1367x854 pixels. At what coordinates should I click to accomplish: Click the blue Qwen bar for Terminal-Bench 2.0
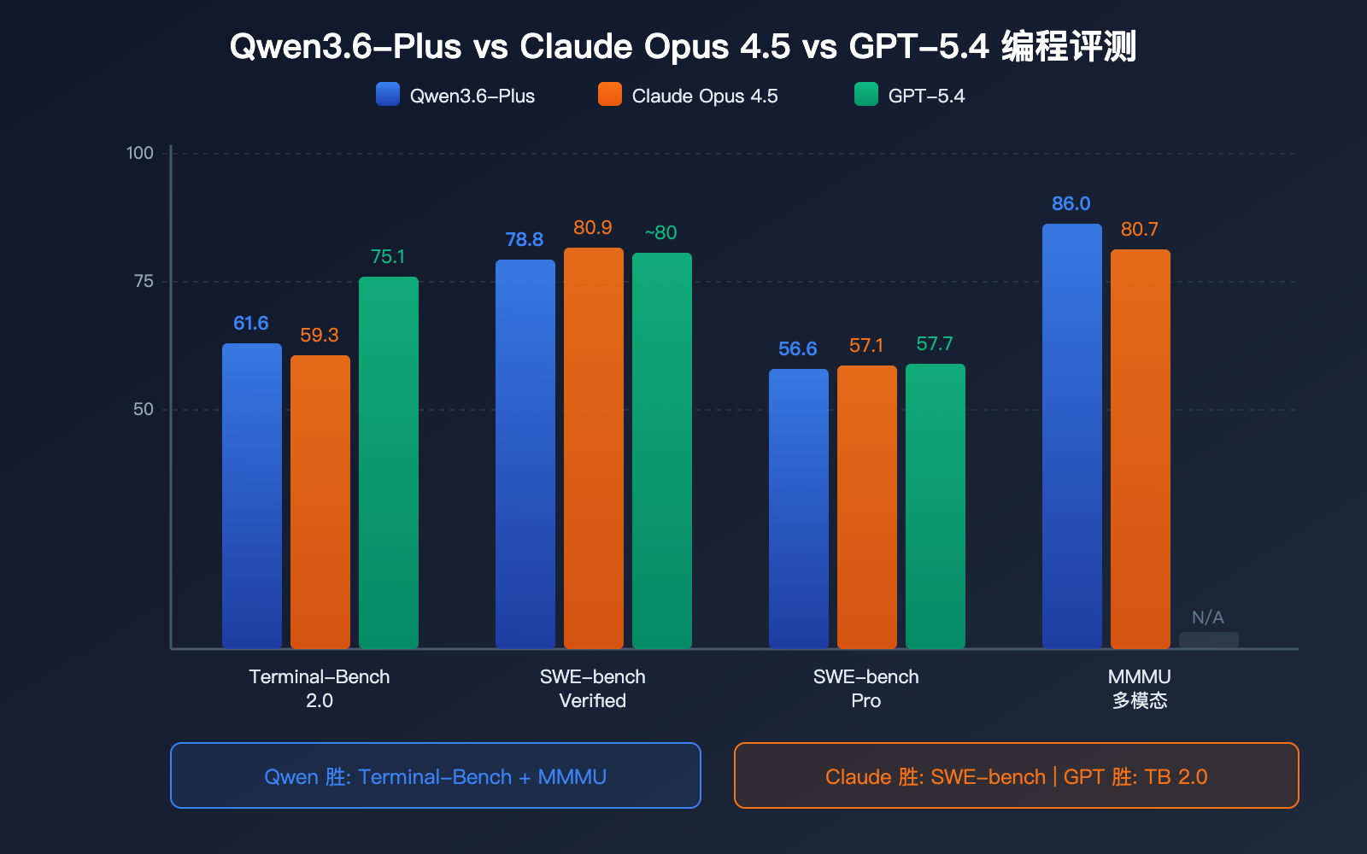pyautogui.click(x=252, y=495)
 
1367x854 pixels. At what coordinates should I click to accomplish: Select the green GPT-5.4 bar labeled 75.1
pyautogui.click(x=389, y=461)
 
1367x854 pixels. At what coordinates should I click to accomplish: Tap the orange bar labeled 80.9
pyautogui.click(x=594, y=448)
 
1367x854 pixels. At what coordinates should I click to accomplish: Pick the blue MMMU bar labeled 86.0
pyautogui.click(x=1072, y=436)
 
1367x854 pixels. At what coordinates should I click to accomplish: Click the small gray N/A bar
pyautogui.click(x=1209, y=640)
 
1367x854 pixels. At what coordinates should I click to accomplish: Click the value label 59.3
pyautogui.click(x=320, y=336)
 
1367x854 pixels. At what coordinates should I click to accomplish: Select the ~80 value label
pyautogui.click(x=660, y=233)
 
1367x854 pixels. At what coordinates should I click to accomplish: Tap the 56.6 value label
pyautogui.click(x=797, y=349)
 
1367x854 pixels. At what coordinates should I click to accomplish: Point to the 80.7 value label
pyautogui.click(x=1140, y=230)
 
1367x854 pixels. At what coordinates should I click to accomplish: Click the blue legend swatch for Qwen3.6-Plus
pyautogui.click(x=388, y=94)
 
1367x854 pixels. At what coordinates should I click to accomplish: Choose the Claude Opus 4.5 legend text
pyautogui.click(x=705, y=96)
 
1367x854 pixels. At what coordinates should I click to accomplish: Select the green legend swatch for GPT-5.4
pyautogui.click(x=866, y=94)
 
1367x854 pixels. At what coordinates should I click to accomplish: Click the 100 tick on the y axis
pyautogui.click(x=140, y=154)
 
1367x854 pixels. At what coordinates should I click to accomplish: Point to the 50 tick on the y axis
pyautogui.click(x=144, y=410)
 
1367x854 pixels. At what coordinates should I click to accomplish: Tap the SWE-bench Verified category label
pyautogui.click(x=593, y=688)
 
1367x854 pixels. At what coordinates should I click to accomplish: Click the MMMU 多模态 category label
pyautogui.click(x=1140, y=688)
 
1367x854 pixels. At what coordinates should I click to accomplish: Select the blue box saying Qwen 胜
pyautogui.click(x=436, y=775)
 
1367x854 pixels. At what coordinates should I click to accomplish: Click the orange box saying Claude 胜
pyautogui.click(x=1017, y=775)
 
